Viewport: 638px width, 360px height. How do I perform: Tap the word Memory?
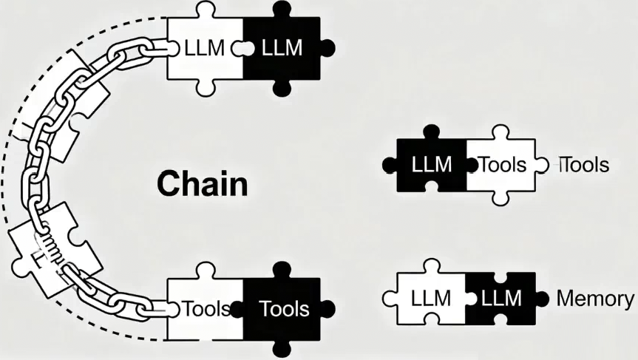594,299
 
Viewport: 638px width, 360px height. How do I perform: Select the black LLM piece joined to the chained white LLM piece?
283,49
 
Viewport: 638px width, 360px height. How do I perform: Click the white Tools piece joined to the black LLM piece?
503,164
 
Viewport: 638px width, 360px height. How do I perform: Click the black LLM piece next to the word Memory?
500,299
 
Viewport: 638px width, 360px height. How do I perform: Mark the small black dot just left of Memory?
543,299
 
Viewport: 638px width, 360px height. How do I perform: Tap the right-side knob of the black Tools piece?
328,307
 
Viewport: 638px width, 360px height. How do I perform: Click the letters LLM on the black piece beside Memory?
501,299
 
